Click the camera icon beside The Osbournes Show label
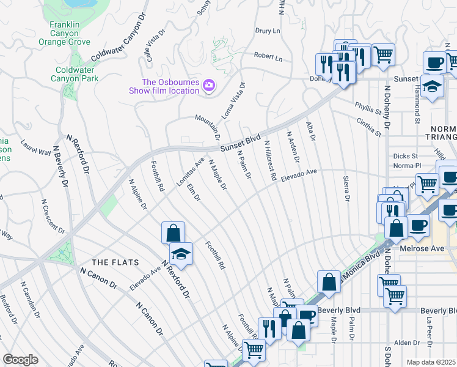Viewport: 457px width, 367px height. [x=209, y=85]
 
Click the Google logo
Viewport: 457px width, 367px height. [x=20, y=359]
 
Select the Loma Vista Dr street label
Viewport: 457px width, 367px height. [x=236, y=98]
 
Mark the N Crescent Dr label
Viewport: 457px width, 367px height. [x=52, y=216]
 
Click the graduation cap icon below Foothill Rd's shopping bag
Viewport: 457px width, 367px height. [x=181, y=253]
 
